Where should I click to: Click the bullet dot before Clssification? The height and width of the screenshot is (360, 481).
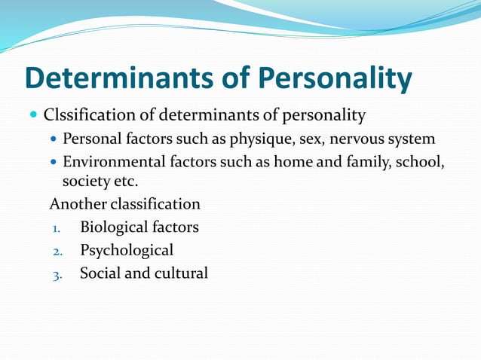32,116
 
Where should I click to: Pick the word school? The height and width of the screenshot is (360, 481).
422,162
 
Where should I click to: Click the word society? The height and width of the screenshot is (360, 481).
85,182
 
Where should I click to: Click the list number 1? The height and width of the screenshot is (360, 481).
56,227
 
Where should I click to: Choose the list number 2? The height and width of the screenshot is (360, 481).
57,251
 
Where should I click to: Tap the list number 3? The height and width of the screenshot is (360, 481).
57,274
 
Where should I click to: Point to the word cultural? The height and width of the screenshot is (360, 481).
181,273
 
